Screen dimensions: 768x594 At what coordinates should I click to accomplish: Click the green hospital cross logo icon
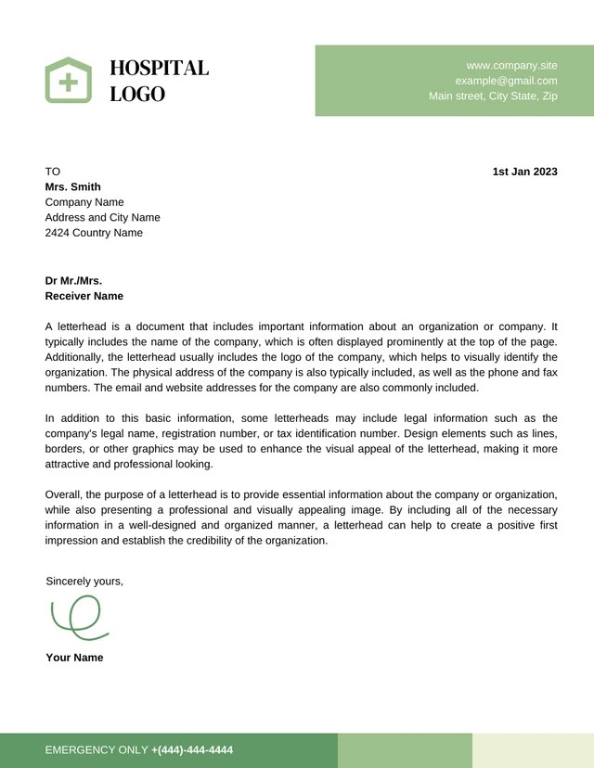pos(69,80)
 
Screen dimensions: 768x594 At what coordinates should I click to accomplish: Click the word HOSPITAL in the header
pos(159,68)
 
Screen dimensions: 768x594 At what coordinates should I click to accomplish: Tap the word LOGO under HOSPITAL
pos(137,94)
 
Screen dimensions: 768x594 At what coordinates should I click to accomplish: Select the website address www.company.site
pos(511,65)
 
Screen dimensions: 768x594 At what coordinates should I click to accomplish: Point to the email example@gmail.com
pos(506,81)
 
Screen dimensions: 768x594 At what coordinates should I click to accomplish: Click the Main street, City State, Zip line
pos(493,96)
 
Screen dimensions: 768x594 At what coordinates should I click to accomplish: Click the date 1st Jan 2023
pos(524,172)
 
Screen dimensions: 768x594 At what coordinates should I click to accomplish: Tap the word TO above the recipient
pos(52,172)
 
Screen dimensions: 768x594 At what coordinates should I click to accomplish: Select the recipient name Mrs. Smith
pos(72,186)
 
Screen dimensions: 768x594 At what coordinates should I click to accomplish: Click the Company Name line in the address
pos(84,202)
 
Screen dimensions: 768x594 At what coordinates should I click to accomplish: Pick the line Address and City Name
pos(102,217)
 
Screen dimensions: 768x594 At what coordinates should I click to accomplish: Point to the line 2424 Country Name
pos(94,233)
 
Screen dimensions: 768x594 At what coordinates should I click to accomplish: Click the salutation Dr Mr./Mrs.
pos(73,280)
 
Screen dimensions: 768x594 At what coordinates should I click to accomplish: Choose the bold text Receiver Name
pos(84,296)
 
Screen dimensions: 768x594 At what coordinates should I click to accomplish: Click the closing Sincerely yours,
pos(84,581)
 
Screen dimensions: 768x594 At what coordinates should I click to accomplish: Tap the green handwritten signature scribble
pos(78,617)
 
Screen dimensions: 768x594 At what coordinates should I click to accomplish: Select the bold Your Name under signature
pos(74,658)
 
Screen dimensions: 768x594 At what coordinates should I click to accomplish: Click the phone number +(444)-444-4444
pos(192,749)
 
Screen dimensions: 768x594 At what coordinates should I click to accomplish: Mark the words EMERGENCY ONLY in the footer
pos(96,749)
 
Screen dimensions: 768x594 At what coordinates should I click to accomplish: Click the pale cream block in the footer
pos(533,749)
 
